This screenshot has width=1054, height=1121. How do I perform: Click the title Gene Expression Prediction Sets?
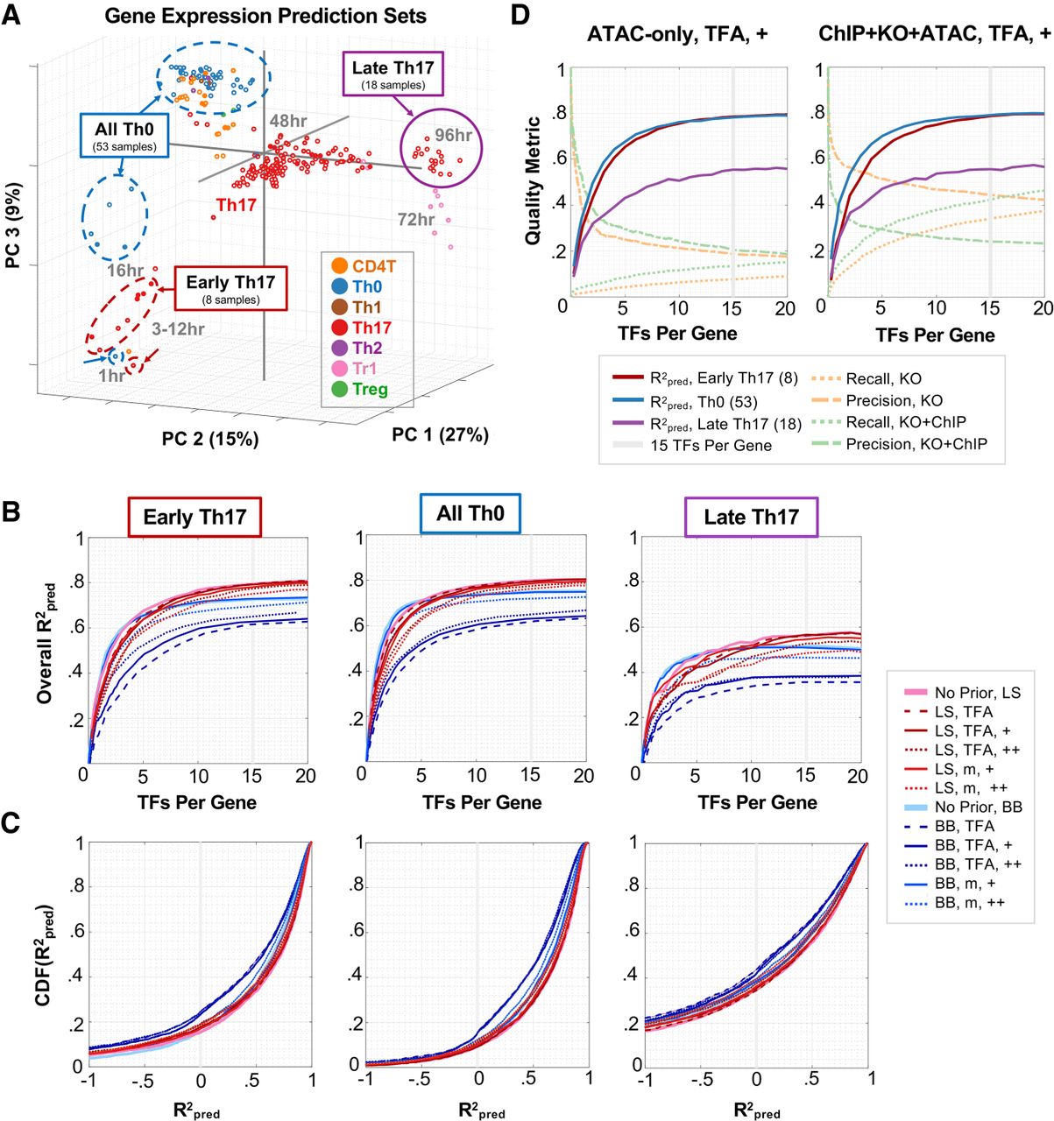click(x=265, y=16)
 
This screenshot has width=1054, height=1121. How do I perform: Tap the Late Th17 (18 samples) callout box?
click(x=393, y=74)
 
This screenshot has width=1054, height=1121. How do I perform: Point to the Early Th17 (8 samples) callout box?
click(x=230, y=289)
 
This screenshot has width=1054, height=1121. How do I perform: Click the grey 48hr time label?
click(x=287, y=121)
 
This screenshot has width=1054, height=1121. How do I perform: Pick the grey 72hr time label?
click(x=416, y=219)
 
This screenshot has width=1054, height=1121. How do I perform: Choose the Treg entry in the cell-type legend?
click(x=370, y=390)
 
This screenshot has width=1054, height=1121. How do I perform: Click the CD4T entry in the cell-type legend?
click(x=374, y=265)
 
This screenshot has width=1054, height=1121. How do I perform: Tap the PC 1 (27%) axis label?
click(x=440, y=434)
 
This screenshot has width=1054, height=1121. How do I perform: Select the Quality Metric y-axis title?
click(x=532, y=181)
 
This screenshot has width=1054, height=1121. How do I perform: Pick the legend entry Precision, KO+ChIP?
click(x=916, y=444)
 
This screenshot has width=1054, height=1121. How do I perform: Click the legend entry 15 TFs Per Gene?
click(x=711, y=445)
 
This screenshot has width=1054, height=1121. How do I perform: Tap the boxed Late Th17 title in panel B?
click(x=751, y=517)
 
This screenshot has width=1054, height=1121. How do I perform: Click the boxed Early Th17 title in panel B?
click(x=195, y=517)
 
